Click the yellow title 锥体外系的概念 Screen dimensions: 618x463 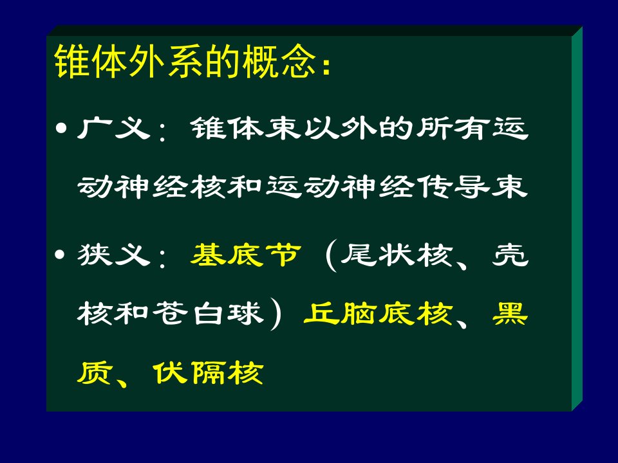tap(185, 61)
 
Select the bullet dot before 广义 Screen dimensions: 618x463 tap(61, 129)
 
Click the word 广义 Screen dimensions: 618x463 tap(114, 128)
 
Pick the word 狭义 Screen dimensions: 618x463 tap(114, 255)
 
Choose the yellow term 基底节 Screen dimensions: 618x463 tap(245, 255)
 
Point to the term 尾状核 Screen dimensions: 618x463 tap(396, 255)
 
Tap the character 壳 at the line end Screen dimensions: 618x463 tap(510, 255)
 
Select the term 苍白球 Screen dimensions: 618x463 tap(208, 314)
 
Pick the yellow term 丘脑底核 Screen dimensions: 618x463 tap(378, 314)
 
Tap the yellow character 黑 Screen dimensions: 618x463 tap(510, 314)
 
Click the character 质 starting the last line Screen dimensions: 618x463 tap(95, 372)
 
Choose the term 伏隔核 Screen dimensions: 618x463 tap(208, 372)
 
